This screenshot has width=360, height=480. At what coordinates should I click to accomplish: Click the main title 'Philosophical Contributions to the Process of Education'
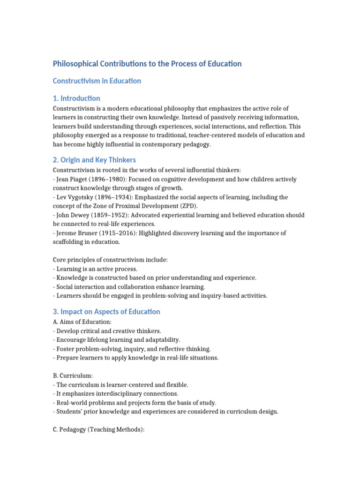click(x=147, y=64)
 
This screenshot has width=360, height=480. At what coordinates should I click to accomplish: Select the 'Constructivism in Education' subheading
click(x=97, y=81)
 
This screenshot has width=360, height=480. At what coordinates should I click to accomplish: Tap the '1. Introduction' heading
click(x=76, y=98)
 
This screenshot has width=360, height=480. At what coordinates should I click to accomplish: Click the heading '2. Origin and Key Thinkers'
click(x=94, y=160)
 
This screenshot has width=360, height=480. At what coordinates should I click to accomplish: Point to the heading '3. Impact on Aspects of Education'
click(x=106, y=312)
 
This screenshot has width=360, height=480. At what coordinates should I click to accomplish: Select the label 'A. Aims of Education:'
click(x=82, y=322)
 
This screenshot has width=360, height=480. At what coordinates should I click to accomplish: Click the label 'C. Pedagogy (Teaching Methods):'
click(x=99, y=429)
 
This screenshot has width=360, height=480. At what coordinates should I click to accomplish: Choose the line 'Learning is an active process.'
click(x=97, y=269)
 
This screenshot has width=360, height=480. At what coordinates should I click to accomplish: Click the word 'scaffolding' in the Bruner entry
click(x=68, y=242)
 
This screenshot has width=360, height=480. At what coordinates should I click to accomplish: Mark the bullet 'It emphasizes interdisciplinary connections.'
click(x=117, y=394)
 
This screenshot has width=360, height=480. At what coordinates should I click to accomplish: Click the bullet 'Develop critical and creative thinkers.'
click(x=109, y=331)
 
